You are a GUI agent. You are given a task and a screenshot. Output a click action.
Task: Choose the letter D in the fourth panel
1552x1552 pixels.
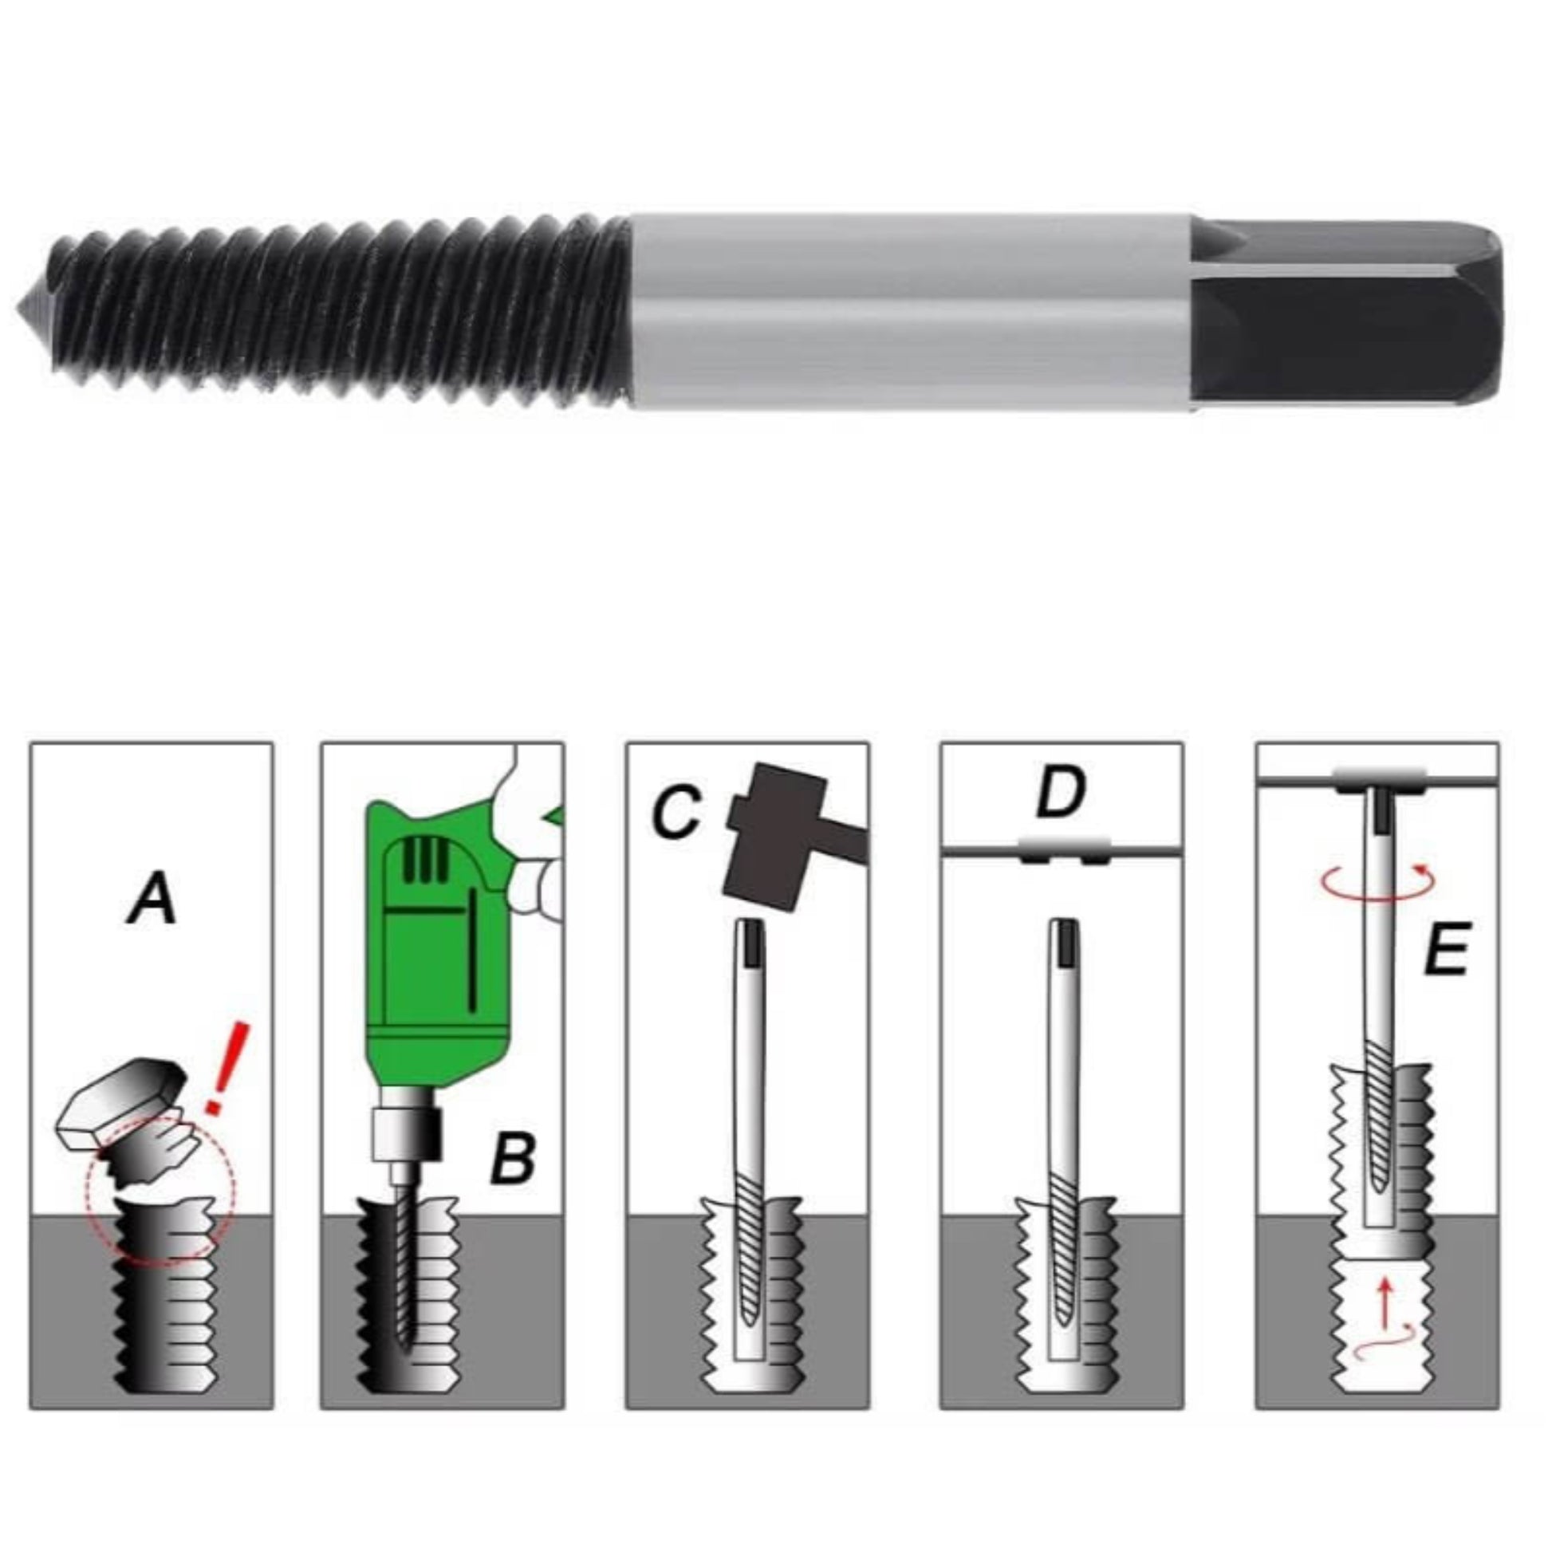(1061, 792)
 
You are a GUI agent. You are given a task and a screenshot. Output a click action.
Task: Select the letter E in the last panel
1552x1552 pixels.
(1445, 949)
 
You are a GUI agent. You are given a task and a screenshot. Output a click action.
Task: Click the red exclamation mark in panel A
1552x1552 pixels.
(228, 1069)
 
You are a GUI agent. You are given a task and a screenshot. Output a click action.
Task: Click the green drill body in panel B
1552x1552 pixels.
(434, 948)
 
